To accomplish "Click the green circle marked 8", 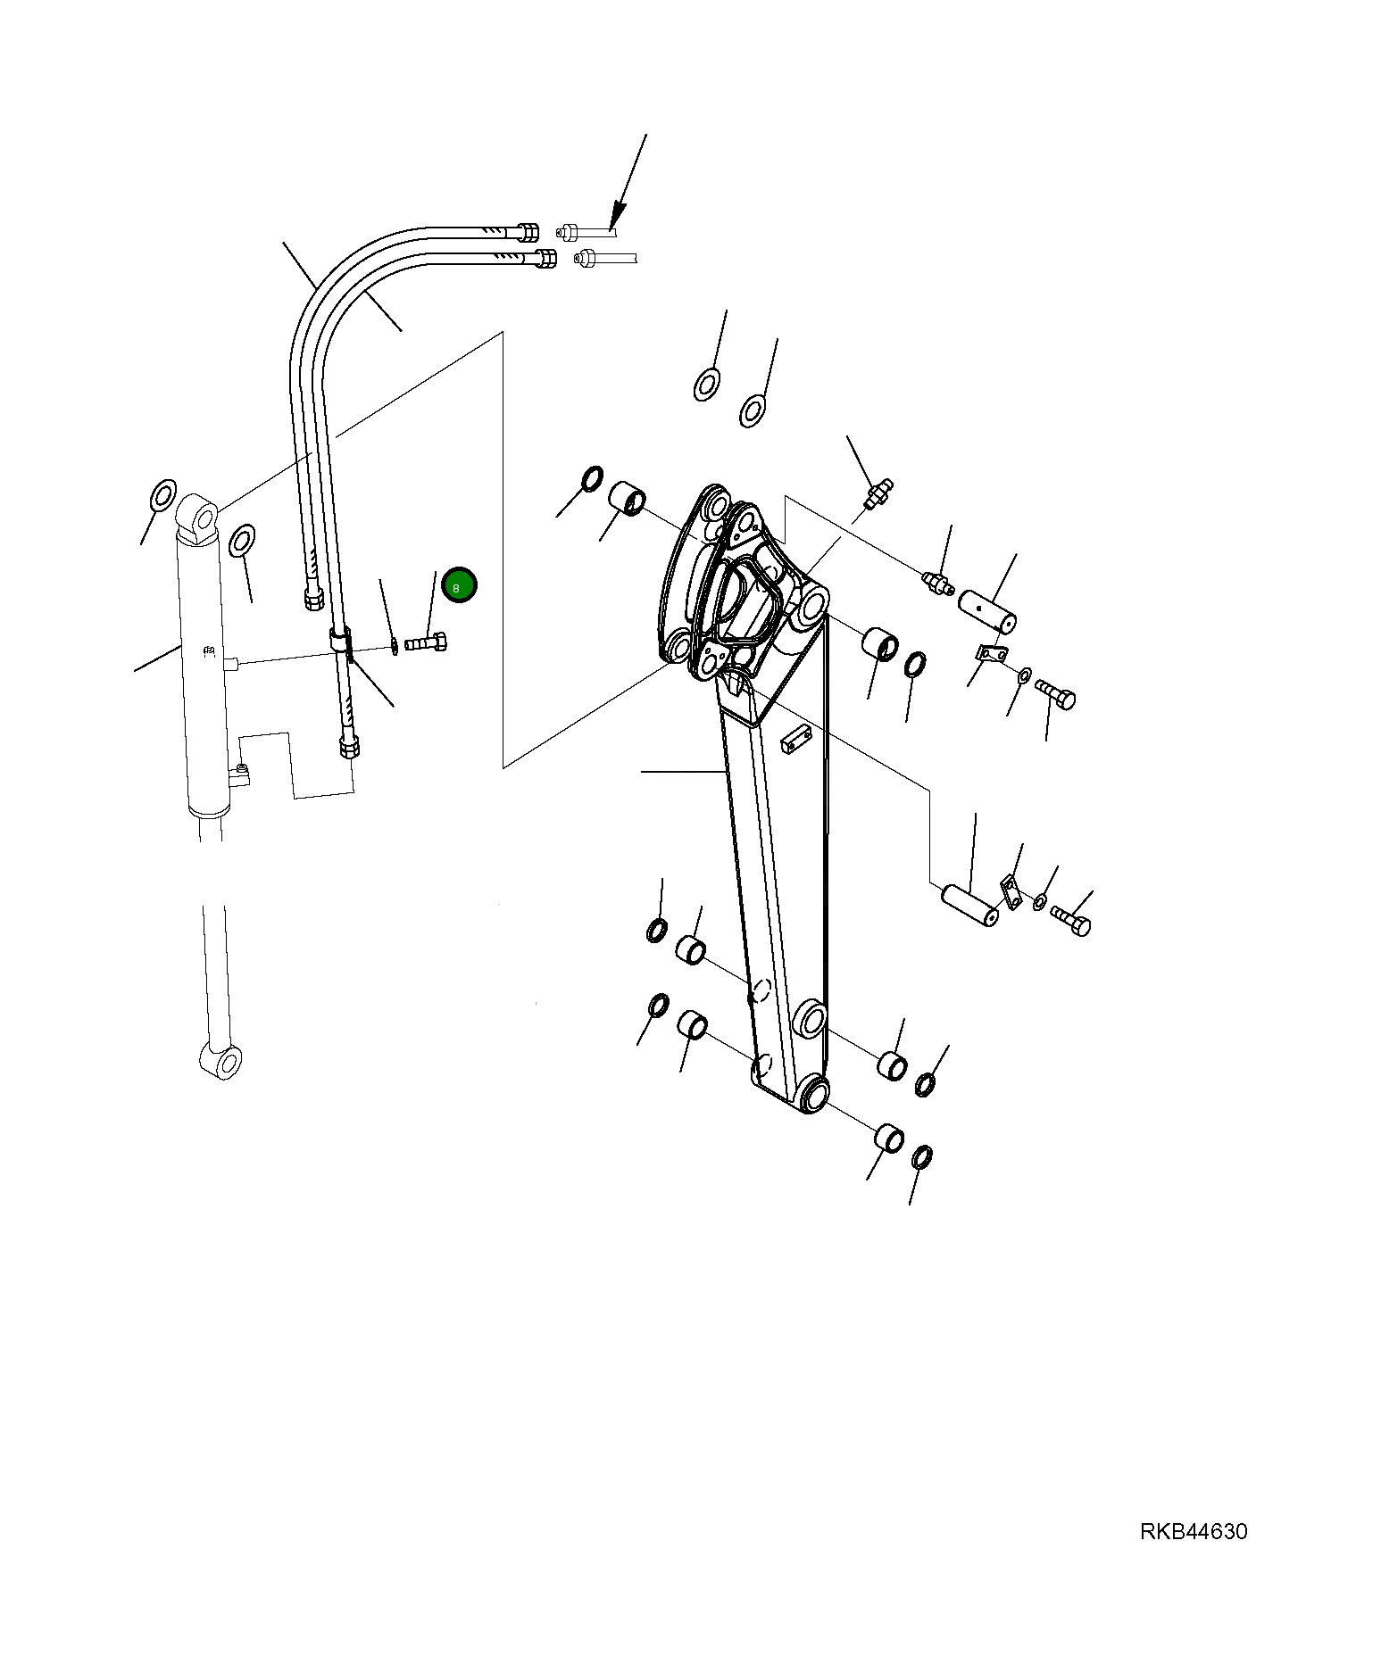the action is (459, 585).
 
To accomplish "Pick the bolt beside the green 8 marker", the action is (428, 642).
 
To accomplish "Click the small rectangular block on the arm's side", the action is (794, 739).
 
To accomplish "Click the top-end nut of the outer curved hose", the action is (527, 232).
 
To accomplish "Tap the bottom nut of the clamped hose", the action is (349, 746).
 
